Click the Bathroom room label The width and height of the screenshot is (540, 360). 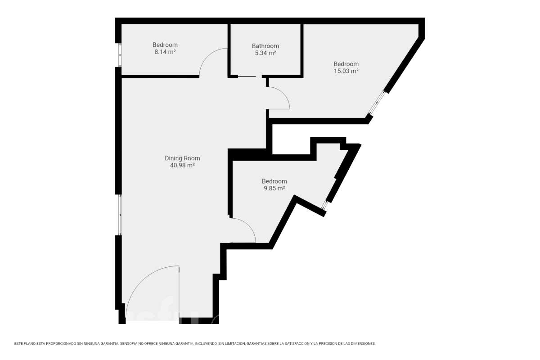tap(265, 46)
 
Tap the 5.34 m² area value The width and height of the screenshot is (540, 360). tap(265, 53)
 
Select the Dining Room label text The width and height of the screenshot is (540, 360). tap(182, 158)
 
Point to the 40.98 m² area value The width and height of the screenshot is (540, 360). tap(182, 166)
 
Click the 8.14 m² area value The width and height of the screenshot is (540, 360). tap(165, 52)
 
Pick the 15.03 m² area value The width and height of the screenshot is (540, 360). tap(346, 71)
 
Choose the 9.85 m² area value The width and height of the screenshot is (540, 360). tap(274, 188)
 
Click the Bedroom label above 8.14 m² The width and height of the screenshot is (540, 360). tap(165, 45)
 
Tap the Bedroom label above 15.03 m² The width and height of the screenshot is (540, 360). tap(346, 64)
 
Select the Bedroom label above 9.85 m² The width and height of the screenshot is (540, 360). tap(274, 181)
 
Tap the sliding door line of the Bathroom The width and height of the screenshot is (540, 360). tap(247, 76)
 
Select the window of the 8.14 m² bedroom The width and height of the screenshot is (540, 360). tap(120, 55)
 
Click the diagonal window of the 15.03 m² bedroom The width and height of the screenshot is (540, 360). tap(377, 102)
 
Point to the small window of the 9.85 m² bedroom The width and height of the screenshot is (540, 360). tap(324, 205)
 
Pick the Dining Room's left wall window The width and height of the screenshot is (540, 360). tap(120, 215)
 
